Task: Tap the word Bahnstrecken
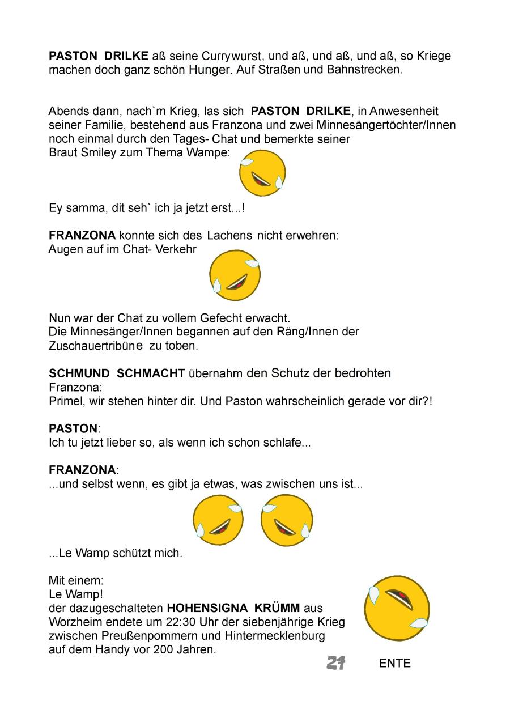click(364, 71)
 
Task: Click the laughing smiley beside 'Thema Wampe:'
click(262, 173)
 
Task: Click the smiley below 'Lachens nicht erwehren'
click(235, 275)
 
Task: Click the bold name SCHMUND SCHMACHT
click(117, 373)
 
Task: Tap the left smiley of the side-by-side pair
click(218, 520)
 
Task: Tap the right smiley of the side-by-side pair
click(286, 520)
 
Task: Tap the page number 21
click(336, 662)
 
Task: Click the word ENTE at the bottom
click(395, 664)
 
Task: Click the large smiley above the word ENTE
click(397, 608)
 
